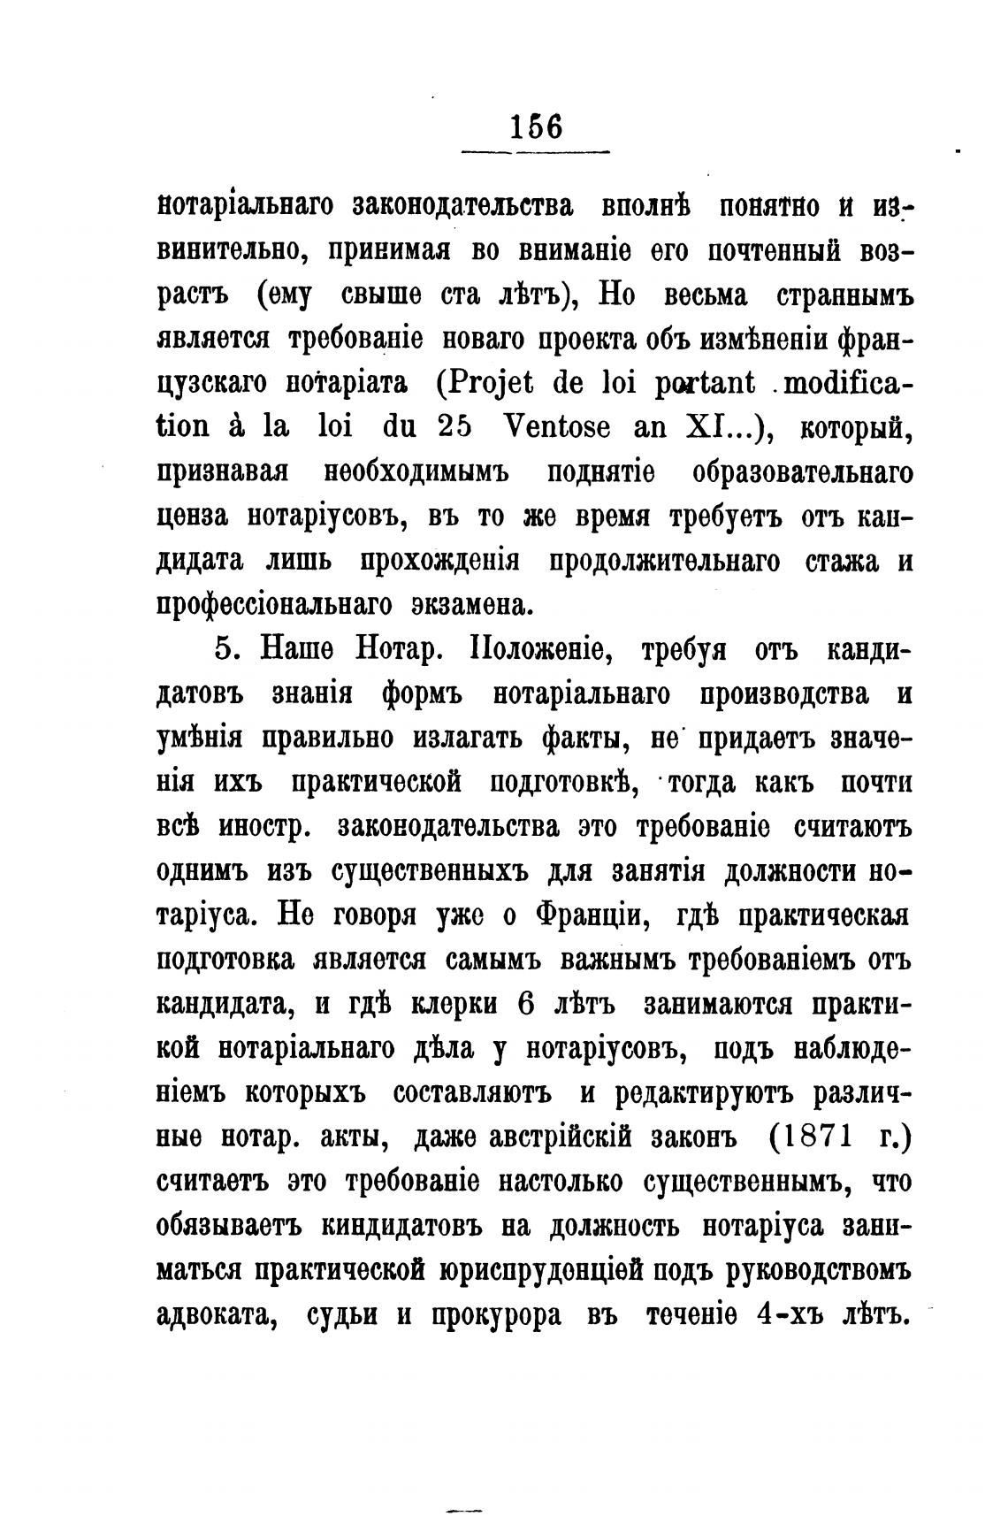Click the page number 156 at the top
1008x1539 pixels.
[536, 126]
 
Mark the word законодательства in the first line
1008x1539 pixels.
[462, 205]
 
